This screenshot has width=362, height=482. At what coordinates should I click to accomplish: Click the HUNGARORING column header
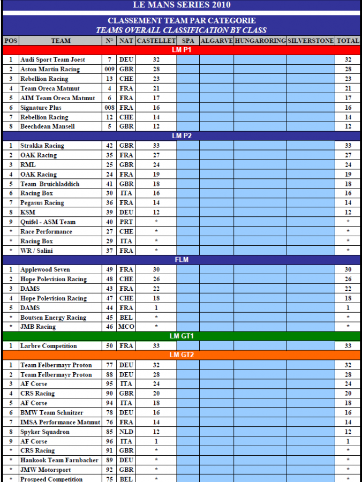click(260, 41)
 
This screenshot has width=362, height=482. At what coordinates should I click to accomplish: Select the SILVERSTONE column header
click(311, 41)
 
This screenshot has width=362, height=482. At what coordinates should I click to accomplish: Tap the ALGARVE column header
click(216, 41)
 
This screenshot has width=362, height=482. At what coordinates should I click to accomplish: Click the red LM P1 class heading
click(181, 50)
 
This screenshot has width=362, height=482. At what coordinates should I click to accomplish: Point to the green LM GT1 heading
click(181, 336)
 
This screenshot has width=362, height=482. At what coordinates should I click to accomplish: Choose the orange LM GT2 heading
click(181, 355)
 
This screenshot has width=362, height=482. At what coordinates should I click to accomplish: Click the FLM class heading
click(181, 260)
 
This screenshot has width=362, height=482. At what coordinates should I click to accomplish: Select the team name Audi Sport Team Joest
click(52, 60)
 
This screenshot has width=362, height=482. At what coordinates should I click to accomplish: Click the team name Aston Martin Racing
click(50, 70)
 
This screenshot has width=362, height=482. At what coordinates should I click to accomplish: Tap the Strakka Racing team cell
click(42, 146)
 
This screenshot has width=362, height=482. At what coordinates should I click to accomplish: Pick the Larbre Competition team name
click(49, 346)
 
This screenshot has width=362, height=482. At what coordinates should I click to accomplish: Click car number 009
click(110, 70)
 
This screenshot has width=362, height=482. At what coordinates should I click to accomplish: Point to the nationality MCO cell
click(126, 327)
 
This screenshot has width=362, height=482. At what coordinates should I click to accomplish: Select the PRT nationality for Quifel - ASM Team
click(126, 222)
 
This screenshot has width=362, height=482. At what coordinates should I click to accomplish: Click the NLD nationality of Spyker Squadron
click(126, 432)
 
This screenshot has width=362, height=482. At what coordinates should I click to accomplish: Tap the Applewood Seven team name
click(45, 269)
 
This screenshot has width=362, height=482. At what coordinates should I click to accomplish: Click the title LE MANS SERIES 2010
click(181, 5)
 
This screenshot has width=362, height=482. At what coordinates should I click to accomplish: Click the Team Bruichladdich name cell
click(50, 184)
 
